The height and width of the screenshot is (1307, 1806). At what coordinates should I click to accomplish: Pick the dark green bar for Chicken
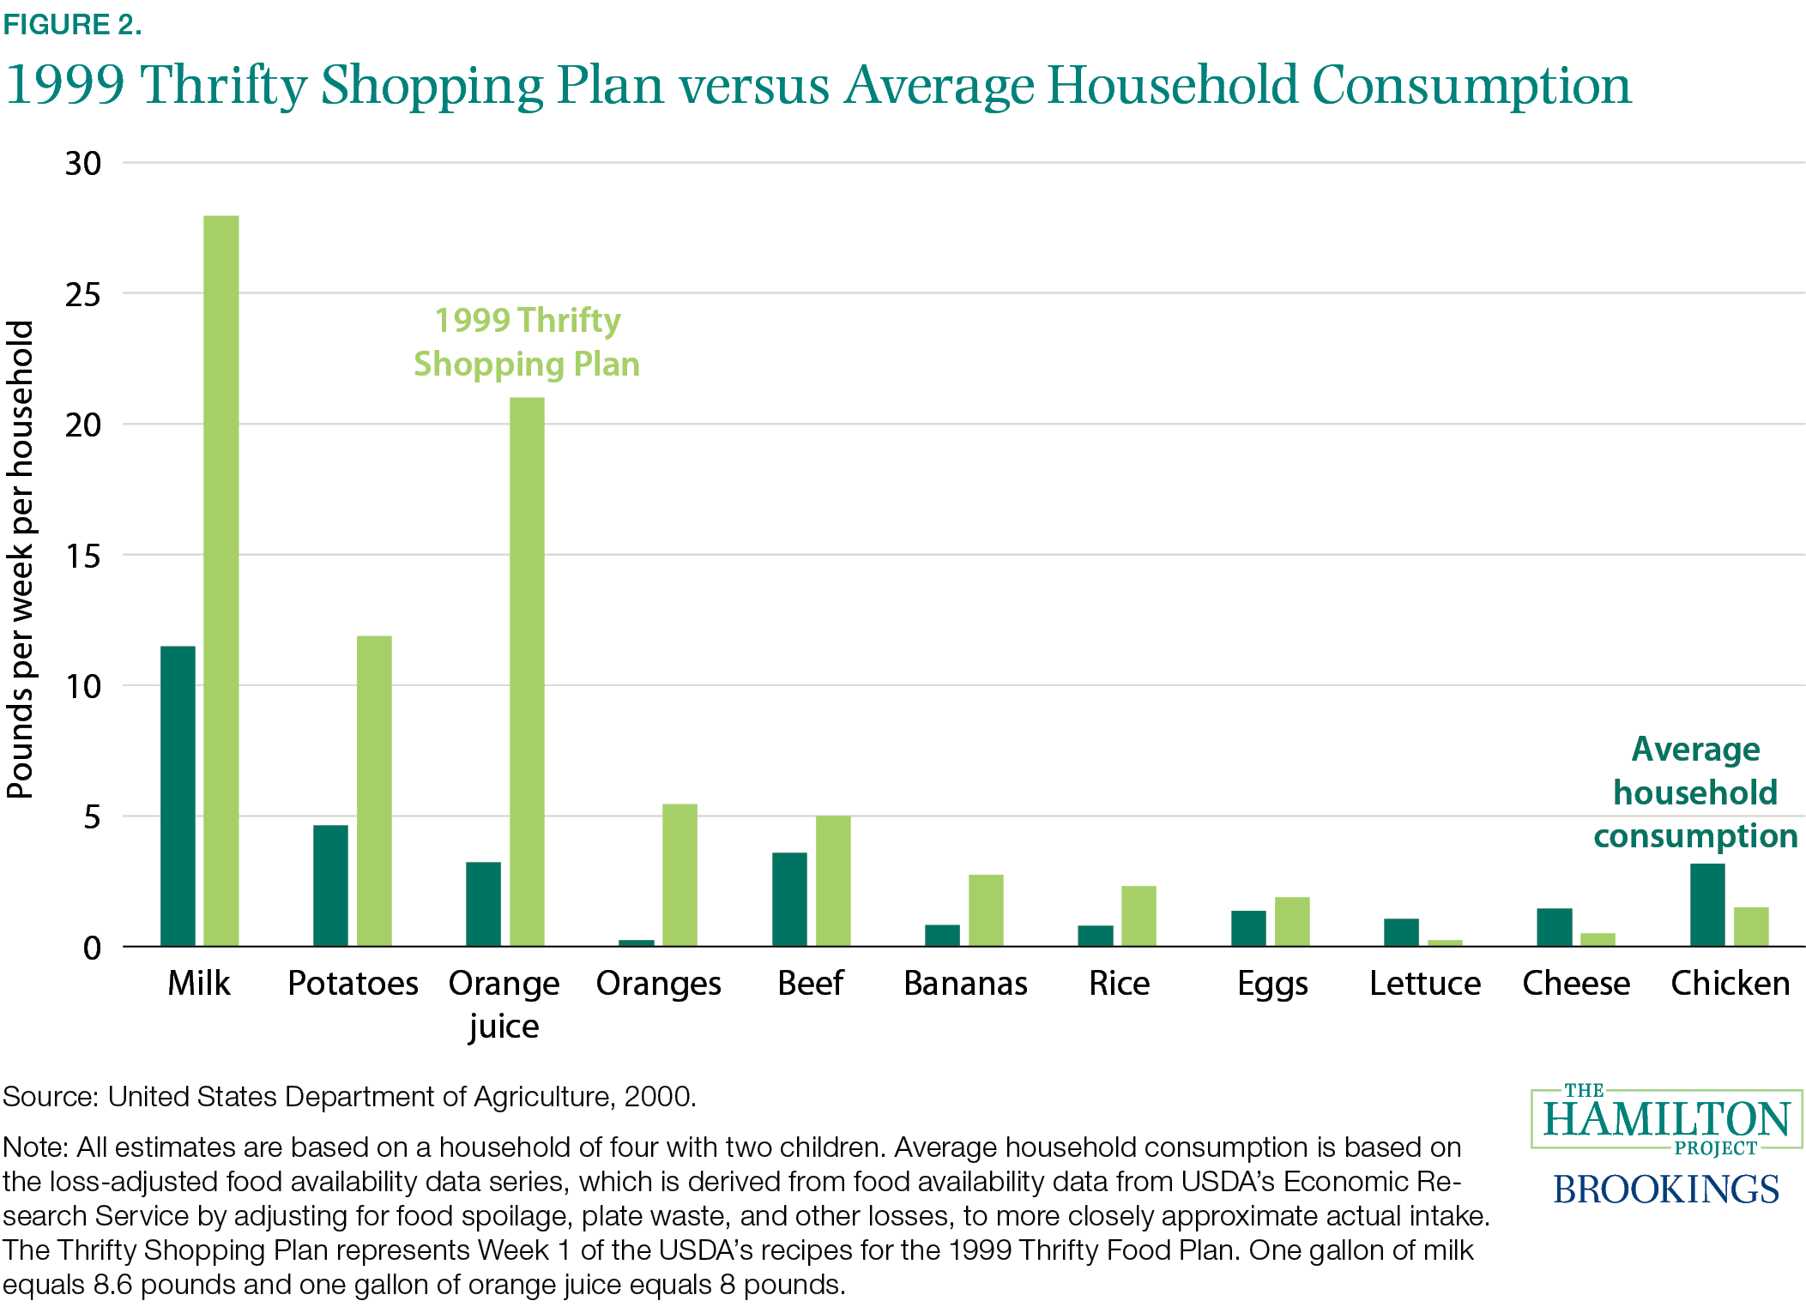click(1707, 905)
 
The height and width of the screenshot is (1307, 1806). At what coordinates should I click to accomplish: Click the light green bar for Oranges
click(680, 875)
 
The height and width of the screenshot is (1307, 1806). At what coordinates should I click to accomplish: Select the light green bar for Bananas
click(986, 910)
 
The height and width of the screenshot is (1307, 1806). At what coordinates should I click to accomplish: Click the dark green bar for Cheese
click(1554, 927)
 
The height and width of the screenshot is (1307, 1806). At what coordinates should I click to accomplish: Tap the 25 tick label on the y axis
click(83, 295)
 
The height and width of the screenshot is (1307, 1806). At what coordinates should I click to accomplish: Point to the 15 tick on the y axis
click(83, 557)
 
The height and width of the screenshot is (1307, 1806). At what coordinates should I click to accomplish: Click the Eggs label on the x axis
click(1272, 984)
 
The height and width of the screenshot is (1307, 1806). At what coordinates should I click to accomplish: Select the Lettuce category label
click(1425, 984)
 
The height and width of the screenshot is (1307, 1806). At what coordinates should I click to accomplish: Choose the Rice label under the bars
click(1119, 984)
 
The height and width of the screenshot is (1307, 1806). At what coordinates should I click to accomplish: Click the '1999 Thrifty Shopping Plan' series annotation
click(527, 342)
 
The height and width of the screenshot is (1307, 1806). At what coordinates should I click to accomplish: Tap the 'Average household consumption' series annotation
click(1695, 792)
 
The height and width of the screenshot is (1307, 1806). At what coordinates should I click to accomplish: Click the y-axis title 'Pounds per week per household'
click(21, 560)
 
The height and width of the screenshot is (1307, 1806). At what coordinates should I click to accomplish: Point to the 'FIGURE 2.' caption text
click(72, 25)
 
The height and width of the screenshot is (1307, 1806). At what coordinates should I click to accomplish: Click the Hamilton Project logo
click(1666, 1118)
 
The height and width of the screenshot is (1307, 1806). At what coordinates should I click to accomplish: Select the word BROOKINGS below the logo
click(1666, 1190)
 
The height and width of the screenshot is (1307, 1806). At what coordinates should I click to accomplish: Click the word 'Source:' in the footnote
click(51, 1097)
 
